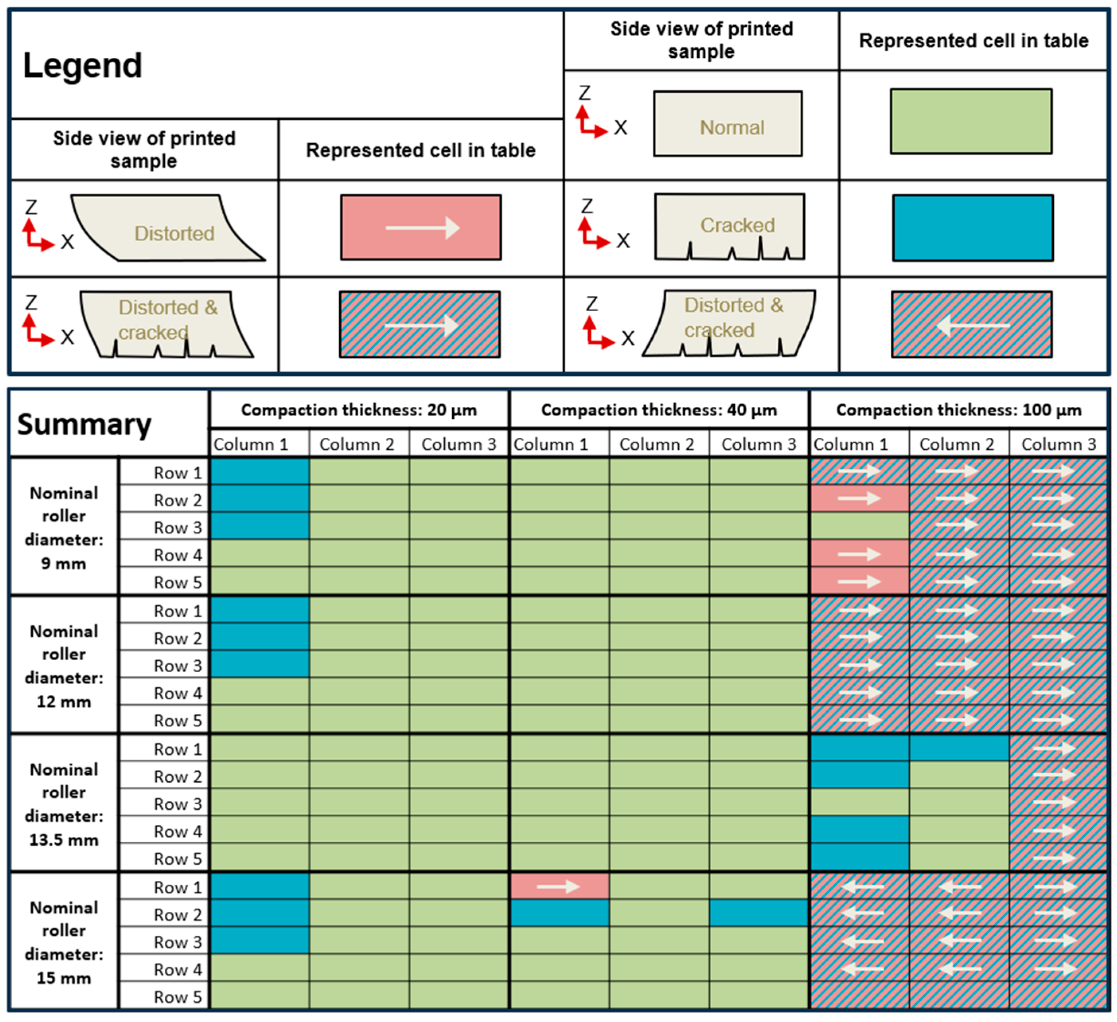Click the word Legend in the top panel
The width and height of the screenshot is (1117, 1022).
pyautogui.click(x=83, y=65)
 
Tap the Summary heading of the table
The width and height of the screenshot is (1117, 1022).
pyautogui.click(x=84, y=425)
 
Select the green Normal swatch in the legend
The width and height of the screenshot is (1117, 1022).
pyautogui.click(x=971, y=121)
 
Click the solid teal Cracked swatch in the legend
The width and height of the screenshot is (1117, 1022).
pyautogui.click(x=972, y=228)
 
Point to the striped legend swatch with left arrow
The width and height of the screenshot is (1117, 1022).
pyautogui.click(x=972, y=325)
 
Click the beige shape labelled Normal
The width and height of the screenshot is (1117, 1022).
pyautogui.click(x=728, y=124)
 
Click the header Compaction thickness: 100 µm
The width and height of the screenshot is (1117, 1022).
pyautogui.click(x=959, y=410)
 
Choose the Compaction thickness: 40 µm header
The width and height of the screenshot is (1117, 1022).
pyautogui.click(x=659, y=410)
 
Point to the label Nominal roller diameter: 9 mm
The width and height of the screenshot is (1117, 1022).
pyautogui.click(x=64, y=528)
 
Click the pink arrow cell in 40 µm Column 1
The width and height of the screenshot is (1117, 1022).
pyautogui.click(x=559, y=887)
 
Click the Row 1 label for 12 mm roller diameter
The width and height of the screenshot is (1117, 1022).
pyautogui.click(x=177, y=611)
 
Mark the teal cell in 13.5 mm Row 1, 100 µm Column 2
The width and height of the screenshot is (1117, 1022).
pyautogui.click(x=959, y=748)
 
